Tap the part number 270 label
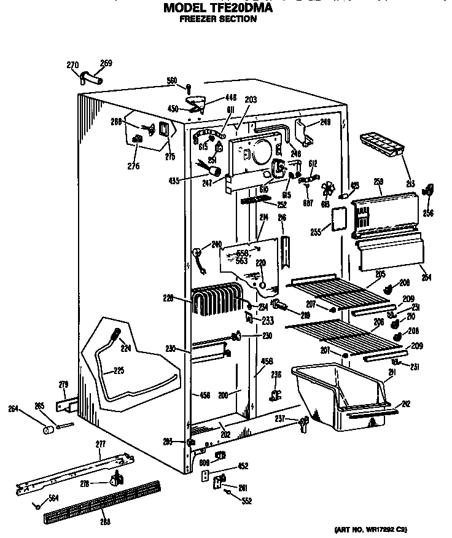click(x=72, y=64)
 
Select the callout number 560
click(x=172, y=80)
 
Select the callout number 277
click(x=101, y=444)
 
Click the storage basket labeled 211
click(x=341, y=393)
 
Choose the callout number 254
click(x=426, y=278)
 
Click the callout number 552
click(x=247, y=501)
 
